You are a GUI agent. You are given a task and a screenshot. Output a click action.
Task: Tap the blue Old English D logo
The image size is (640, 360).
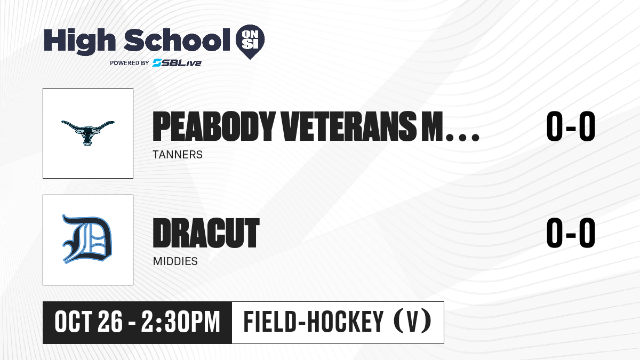pyautogui.click(x=87, y=239)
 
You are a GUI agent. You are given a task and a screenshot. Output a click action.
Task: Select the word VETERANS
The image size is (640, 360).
pyautogui.click(x=349, y=126)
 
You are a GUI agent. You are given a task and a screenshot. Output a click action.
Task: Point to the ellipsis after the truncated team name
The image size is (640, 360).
pyautogui.click(x=462, y=138)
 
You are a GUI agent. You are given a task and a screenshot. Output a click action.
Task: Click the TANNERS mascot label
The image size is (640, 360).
pyautogui.click(x=178, y=155)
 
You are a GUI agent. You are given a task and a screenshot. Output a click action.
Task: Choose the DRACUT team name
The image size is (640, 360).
pyautogui.click(x=206, y=233)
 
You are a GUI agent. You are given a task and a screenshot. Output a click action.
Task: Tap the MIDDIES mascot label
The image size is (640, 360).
pyautogui.click(x=175, y=261)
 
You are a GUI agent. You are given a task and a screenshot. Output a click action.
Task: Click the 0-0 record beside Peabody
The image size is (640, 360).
pyautogui.click(x=571, y=126)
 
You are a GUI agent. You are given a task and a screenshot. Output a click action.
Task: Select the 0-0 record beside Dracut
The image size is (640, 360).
pyautogui.click(x=571, y=233)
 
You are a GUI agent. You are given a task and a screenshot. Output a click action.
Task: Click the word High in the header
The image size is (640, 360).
pyautogui.click(x=79, y=41)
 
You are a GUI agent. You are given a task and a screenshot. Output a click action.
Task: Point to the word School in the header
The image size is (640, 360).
pyautogui.click(x=177, y=39)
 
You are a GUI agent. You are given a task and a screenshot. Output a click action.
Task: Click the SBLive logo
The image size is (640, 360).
pyautogui.click(x=177, y=62)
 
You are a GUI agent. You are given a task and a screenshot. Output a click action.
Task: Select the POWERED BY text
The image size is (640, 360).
pyautogui.click(x=130, y=63)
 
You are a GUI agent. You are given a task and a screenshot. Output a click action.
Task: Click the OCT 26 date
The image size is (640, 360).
pyautogui.click(x=89, y=322)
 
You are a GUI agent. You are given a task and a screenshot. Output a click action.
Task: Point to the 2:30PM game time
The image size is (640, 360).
pyautogui.click(x=181, y=322)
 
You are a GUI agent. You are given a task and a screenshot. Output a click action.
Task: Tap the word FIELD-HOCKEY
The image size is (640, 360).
pyautogui.click(x=314, y=322)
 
